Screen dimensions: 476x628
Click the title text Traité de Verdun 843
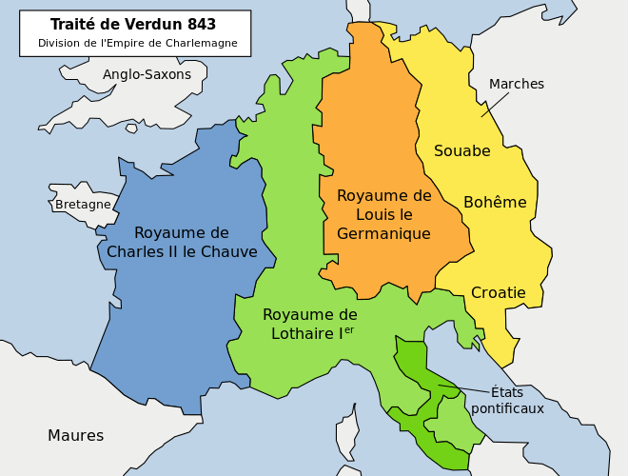132,25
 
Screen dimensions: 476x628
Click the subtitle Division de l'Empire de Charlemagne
137,44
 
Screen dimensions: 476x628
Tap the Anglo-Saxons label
147,74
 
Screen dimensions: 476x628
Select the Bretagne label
83,205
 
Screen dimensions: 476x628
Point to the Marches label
516,84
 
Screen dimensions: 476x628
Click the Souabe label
461,150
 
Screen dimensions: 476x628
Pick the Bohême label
495,202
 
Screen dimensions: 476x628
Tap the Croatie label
498,293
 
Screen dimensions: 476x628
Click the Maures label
75,436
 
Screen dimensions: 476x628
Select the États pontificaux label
507,400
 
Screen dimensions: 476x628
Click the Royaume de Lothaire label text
309,324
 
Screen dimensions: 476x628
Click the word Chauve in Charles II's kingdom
225,252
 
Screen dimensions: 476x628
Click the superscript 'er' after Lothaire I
348,329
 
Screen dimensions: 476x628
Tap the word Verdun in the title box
151,25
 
